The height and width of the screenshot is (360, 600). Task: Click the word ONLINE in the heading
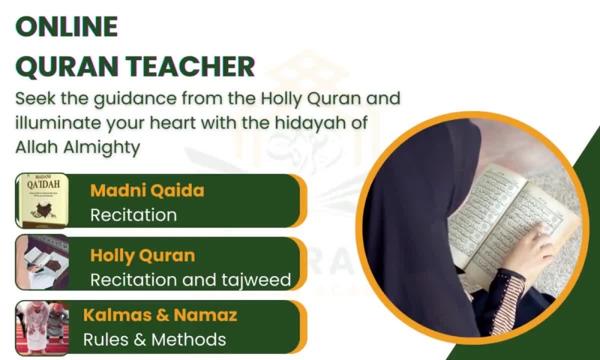coord(66,27)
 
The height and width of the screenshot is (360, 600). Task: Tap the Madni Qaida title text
coord(147,191)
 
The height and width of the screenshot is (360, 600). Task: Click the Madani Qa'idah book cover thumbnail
coord(42,201)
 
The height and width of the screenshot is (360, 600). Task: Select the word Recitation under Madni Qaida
coord(133,215)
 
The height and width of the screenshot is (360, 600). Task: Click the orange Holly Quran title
coord(142,256)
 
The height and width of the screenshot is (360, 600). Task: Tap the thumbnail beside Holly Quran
coord(42,263)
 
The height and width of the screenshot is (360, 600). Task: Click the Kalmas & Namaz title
coord(160,315)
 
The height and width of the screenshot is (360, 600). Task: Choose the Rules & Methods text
coord(154,340)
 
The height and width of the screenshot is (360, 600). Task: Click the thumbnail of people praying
coord(42,327)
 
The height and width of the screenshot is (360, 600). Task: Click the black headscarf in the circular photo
coord(414,198)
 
